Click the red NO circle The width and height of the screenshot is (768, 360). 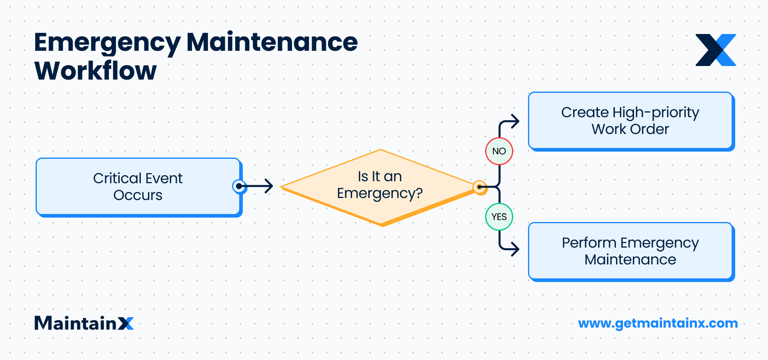pyautogui.click(x=499, y=151)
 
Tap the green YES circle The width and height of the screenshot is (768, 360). pyautogui.click(x=499, y=217)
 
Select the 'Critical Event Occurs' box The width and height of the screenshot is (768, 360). pyautogui.click(x=138, y=186)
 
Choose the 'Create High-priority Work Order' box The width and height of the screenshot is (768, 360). pyautogui.click(x=630, y=120)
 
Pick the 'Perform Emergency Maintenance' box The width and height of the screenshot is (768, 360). pyautogui.click(x=630, y=251)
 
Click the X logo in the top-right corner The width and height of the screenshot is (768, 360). pyautogui.click(x=716, y=50)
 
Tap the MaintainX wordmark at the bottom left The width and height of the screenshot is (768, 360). pyautogui.click(x=84, y=323)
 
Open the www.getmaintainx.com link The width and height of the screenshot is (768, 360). pyautogui.click(x=658, y=323)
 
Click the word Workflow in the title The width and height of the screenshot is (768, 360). pyautogui.click(x=96, y=71)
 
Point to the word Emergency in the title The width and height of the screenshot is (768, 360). pyautogui.click(x=107, y=43)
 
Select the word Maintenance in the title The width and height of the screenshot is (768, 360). pyautogui.click(x=272, y=42)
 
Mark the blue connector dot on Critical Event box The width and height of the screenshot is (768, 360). pyautogui.click(x=239, y=186)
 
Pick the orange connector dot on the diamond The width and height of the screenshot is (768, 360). pyautogui.click(x=479, y=187)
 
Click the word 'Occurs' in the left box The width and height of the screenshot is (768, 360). pyautogui.click(x=138, y=195)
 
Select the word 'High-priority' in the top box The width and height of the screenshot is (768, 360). pyautogui.click(x=656, y=112)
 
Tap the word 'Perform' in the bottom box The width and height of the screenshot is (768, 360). pyautogui.click(x=589, y=243)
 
